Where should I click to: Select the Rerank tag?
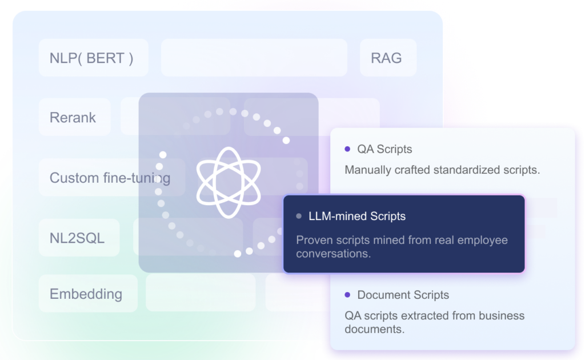(x=73, y=118)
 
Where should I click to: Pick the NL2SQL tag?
(x=78, y=238)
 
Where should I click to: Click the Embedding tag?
(x=86, y=294)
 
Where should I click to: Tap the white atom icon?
(x=229, y=175)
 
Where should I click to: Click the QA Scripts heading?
(x=384, y=149)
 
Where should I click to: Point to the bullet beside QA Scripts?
(x=347, y=149)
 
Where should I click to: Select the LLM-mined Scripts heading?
(x=357, y=217)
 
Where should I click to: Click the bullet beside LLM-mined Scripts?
(x=299, y=217)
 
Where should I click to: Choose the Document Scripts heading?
(x=403, y=295)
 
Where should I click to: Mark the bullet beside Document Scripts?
(x=347, y=295)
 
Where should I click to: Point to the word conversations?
(x=332, y=254)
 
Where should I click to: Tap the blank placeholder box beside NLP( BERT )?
(x=254, y=58)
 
